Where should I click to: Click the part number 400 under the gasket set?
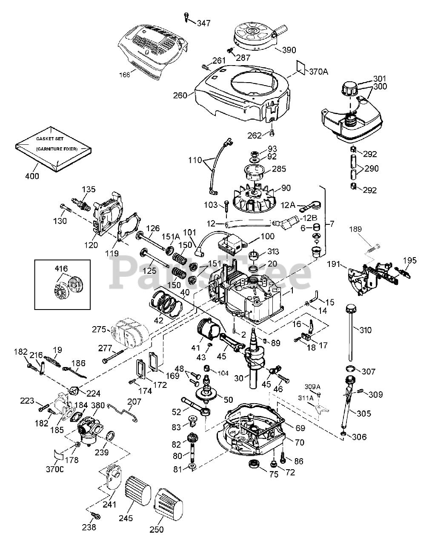32,176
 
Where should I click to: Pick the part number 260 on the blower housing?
180,95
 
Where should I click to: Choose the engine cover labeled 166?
154,51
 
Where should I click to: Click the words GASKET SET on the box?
50,139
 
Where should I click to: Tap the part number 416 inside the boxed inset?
61,268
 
